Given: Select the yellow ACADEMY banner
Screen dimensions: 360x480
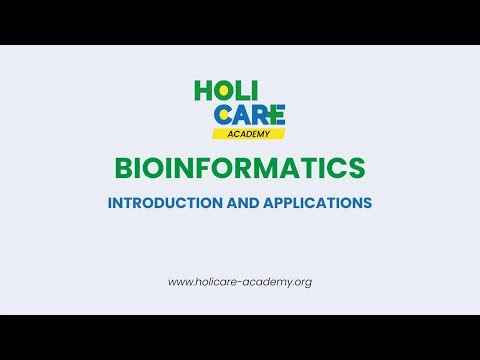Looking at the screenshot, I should click(x=248, y=133).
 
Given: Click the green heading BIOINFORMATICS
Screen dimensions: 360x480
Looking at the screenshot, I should click(x=240, y=166).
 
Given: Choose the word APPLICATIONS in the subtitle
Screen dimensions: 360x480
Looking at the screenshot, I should click(x=317, y=202).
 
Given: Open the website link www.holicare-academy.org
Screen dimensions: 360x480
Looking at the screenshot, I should click(x=240, y=282).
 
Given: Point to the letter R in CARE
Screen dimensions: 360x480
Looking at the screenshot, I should click(x=259, y=113).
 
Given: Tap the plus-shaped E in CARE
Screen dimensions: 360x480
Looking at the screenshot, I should click(x=276, y=113).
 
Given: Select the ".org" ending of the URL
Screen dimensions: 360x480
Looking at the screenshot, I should click(x=301, y=282).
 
